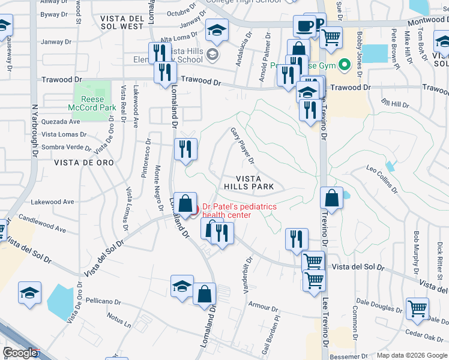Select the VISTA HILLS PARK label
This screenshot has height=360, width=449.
pos(255,183)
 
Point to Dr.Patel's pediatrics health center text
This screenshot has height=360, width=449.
pos(239,211)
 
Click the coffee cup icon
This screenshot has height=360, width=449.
pos(304,26)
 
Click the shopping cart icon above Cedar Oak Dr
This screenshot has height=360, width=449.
pos(418,309)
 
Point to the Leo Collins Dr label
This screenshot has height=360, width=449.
pos(382,180)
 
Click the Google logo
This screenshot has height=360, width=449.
pos(20,353)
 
